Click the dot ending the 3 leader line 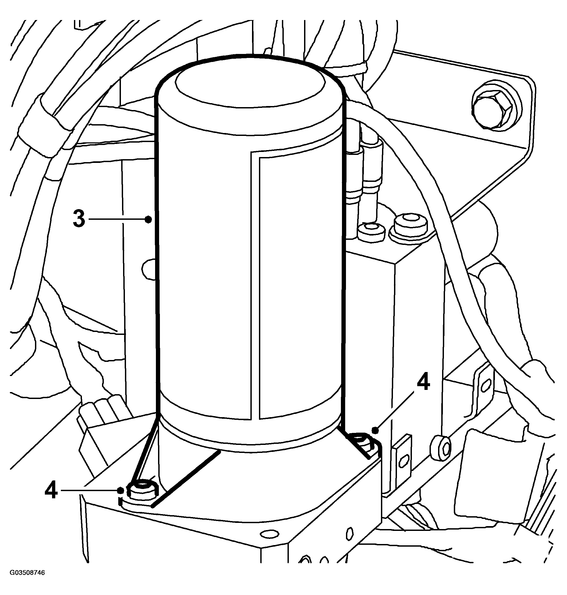point(148,219)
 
